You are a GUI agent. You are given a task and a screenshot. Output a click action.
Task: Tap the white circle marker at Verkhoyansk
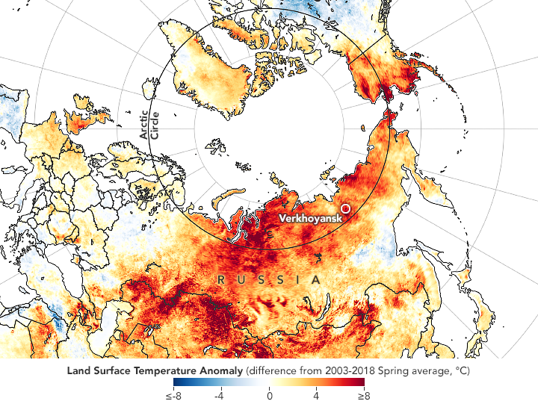(x=345, y=209)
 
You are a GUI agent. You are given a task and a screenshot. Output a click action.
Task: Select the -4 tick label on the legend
(x=220, y=397)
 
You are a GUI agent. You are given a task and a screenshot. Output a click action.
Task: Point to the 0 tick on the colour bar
(x=269, y=397)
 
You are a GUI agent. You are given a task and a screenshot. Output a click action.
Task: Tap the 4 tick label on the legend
(x=317, y=397)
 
